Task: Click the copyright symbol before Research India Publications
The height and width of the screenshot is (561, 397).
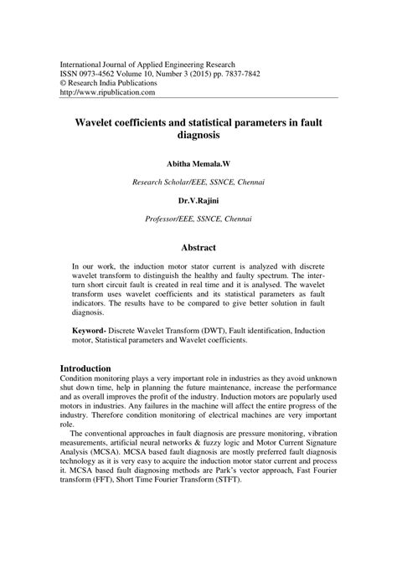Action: click(x=59, y=83)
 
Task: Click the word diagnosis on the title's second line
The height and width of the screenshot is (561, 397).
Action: click(x=198, y=136)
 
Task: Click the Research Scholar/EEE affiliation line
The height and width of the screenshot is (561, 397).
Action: click(x=198, y=182)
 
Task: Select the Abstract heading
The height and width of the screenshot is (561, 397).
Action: click(x=198, y=247)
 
